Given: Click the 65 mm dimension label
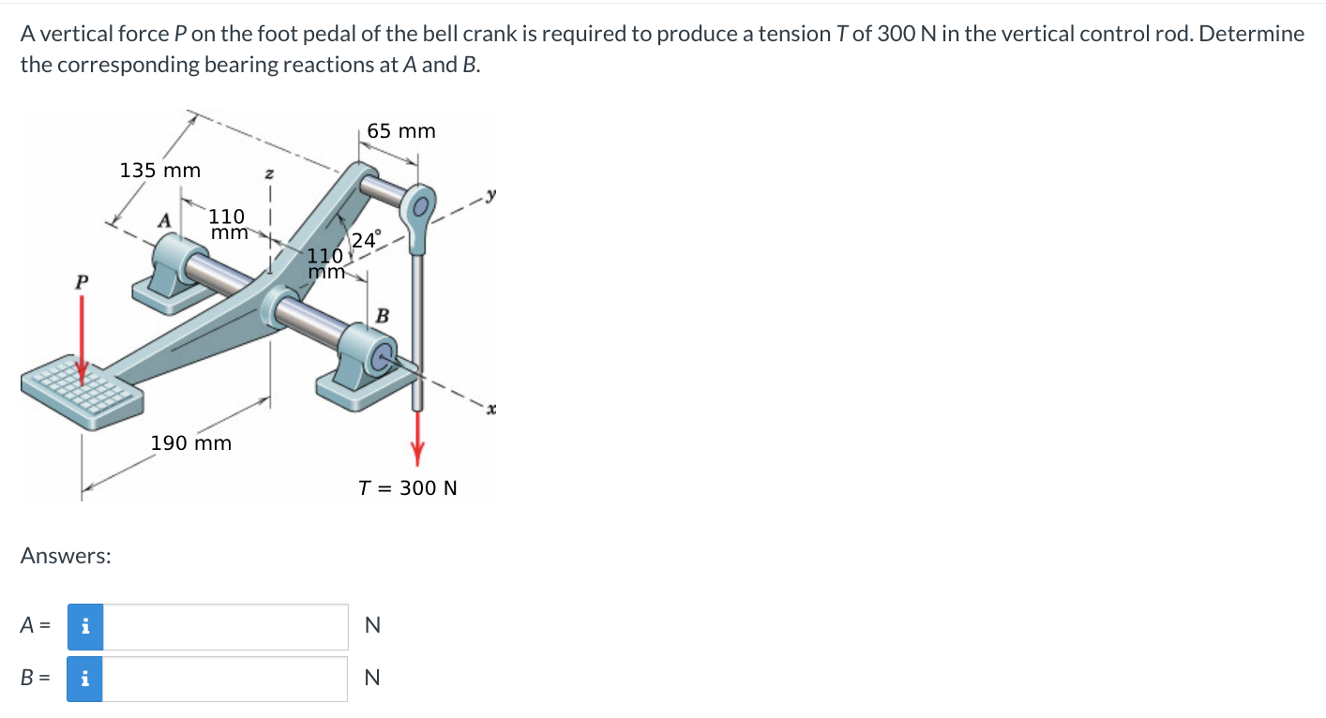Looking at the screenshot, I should (401, 131).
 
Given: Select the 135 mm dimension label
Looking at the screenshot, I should (160, 171).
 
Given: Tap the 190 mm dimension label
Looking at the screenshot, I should (191, 442).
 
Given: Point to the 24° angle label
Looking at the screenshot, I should (365, 239).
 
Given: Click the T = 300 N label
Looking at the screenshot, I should (408, 488).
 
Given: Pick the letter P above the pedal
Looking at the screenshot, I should (83, 281).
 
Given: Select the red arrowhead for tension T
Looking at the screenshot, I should (418, 453).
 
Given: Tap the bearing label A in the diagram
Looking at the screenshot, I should (164, 221).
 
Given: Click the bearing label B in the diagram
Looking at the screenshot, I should (383, 315).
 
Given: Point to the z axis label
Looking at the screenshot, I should (269, 173).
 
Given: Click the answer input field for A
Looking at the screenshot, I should (225, 627).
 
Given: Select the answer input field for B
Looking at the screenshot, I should (225, 680).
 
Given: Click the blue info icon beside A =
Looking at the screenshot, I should (85, 627).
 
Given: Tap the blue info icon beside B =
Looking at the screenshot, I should (85, 680).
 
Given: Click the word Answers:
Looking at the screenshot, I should (66, 556).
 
